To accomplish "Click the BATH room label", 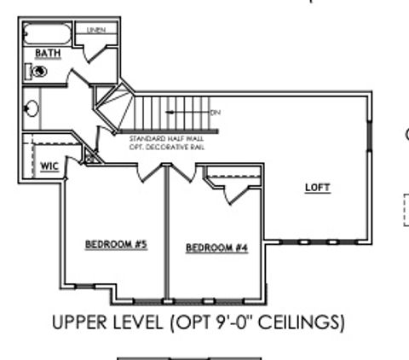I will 47,53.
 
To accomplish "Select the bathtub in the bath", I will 49,34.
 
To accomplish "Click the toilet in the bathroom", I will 38,73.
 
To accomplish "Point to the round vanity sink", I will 32,109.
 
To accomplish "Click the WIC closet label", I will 49,165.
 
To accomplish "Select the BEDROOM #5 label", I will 117,245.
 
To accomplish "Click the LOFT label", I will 317,188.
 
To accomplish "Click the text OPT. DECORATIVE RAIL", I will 166,147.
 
